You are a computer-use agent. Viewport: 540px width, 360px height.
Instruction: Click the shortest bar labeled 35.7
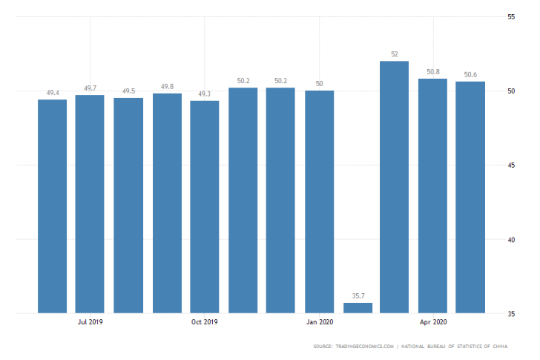[358, 308]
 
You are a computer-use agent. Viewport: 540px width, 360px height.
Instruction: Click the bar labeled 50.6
[470, 197]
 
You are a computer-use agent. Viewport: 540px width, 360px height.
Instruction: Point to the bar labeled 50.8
[432, 196]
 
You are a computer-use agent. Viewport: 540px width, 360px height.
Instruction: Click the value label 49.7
[90, 88]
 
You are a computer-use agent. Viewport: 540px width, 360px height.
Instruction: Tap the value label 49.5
[128, 91]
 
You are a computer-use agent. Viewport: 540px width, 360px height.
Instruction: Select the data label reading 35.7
[358, 296]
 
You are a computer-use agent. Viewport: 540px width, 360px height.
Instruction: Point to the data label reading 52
[394, 54]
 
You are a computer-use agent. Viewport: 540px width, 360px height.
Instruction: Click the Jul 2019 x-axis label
[90, 321]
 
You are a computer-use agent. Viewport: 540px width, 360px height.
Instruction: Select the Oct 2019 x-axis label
[205, 321]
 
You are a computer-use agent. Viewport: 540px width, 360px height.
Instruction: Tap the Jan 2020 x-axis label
[319, 321]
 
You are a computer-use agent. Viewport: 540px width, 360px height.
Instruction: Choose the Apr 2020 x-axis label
[433, 321]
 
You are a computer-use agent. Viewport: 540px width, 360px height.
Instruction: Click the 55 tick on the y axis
[511, 16]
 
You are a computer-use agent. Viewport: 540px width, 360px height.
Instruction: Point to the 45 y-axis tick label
[511, 165]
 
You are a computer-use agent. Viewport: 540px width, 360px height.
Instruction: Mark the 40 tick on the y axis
[511, 239]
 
